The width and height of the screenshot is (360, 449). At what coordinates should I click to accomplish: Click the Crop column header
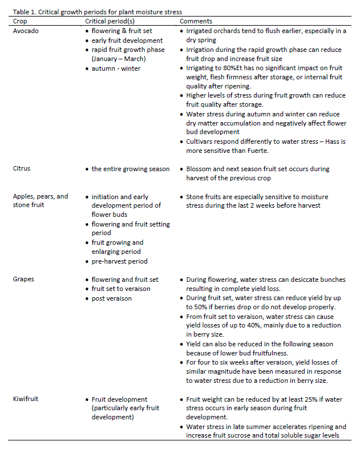coord(20,21)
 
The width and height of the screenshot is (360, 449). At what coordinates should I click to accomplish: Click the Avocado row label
coord(26,31)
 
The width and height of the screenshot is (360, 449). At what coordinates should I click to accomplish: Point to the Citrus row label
coord(22,169)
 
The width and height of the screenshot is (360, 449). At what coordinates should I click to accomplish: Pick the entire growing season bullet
coord(131,169)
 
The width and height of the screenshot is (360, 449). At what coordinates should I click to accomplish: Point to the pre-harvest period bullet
coord(119,261)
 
